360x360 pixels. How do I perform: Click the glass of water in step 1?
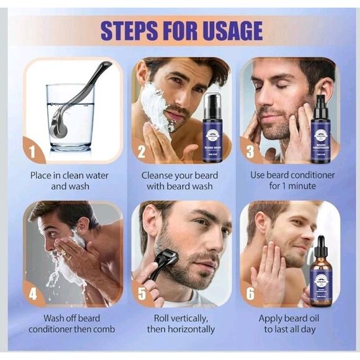coord(70,118)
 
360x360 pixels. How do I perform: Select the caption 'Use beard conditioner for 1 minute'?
coord(292,181)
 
